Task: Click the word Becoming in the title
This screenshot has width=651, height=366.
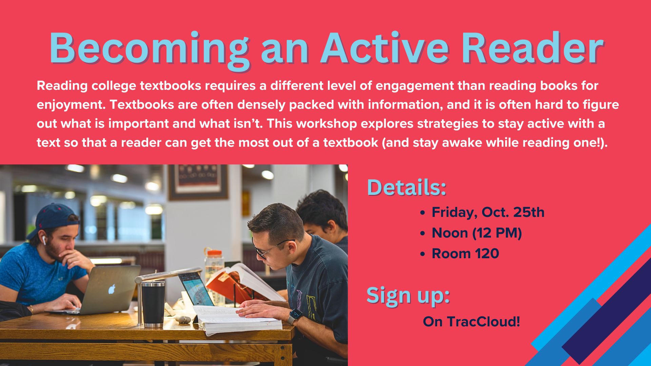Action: tap(149, 49)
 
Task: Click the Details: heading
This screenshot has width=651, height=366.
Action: tap(407, 187)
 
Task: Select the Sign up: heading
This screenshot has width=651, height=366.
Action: tap(408, 296)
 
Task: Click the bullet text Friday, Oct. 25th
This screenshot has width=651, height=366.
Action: tap(488, 212)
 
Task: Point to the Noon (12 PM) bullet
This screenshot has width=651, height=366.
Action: tap(476, 233)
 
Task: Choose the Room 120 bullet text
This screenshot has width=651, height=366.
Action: tap(465, 253)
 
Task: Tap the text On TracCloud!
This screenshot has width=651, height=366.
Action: tap(471, 322)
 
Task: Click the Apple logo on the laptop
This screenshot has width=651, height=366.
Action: tap(112, 289)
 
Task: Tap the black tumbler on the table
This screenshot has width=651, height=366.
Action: tap(153, 304)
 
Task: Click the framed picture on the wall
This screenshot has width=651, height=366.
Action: tap(198, 182)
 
